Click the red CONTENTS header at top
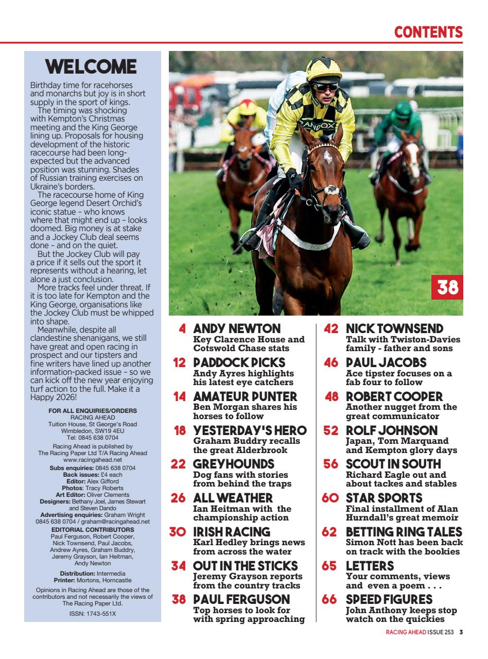pyautogui.click(x=428, y=32)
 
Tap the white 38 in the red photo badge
pyautogui.click(x=447, y=287)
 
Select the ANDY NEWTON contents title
pyautogui.click(x=237, y=328)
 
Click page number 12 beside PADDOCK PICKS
pyautogui.click(x=179, y=362)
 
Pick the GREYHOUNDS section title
pyautogui.click(x=233, y=464)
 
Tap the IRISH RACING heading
pyautogui.click(x=231, y=532)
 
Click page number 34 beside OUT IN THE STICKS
pyautogui.click(x=179, y=566)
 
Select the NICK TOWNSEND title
pyautogui.click(x=394, y=328)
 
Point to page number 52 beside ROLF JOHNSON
pyautogui.click(x=330, y=430)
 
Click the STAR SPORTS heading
pyautogui.click(x=384, y=498)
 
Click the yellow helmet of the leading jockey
pyautogui.click(x=323, y=68)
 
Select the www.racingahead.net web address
pyautogui.click(x=93, y=459)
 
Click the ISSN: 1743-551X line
pyautogui.click(x=93, y=614)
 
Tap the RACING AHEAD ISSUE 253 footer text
pyautogui.click(x=420, y=633)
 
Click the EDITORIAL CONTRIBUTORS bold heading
pyautogui.click(x=93, y=529)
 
